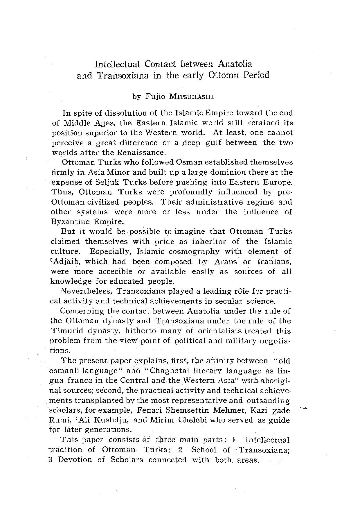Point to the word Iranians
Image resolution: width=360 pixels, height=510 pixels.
pos(274,261)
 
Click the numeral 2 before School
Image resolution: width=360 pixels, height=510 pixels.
pos(180,450)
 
